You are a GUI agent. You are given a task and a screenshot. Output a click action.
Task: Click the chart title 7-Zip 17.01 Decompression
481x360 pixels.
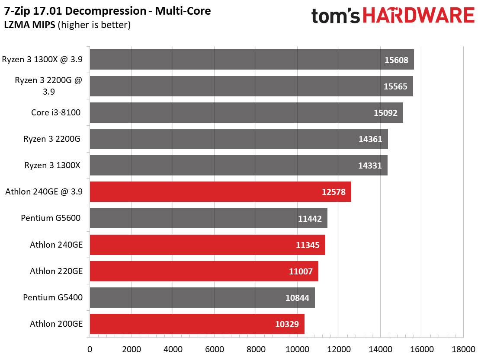(x=75, y=11)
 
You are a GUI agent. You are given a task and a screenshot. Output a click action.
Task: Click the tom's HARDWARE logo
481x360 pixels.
(x=393, y=15)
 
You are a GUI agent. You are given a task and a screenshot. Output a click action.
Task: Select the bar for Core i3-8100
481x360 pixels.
(x=246, y=112)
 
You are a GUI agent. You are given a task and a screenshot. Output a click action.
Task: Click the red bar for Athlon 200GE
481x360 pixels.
(x=197, y=324)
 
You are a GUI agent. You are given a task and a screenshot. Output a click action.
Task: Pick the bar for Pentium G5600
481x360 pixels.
(x=208, y=218)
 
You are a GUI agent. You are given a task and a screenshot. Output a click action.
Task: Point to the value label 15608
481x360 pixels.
(x=396, y=60)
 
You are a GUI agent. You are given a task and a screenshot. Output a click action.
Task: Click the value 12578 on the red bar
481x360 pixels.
(x=333, y=192)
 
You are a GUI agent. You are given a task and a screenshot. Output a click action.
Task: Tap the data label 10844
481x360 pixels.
(x=297, y=298)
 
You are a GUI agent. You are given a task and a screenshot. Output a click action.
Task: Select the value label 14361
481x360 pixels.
(x=370, y=140)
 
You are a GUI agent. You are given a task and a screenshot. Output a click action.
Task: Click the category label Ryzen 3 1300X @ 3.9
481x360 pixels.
(x=42, y=60)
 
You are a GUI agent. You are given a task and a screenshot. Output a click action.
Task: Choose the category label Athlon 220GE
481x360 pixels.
(x=56, y=271)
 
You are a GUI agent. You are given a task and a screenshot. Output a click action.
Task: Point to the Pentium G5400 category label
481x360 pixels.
(x=53, y=297)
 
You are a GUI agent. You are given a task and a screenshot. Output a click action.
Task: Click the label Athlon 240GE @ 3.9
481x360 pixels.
(x=44, y=192)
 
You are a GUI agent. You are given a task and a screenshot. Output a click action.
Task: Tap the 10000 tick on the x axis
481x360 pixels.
(x=297, y=349)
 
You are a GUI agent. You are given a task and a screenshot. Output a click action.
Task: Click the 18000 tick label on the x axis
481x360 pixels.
(x=464, y=349)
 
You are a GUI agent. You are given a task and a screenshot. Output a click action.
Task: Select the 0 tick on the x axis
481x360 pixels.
(x=90, y=349)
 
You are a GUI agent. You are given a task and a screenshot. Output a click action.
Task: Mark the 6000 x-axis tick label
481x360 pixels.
(x=215, y=349)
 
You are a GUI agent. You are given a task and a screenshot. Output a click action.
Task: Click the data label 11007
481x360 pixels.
(x=301, y=271)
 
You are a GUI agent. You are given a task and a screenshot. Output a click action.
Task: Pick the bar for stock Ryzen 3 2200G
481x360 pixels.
(x=239, y=139)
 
